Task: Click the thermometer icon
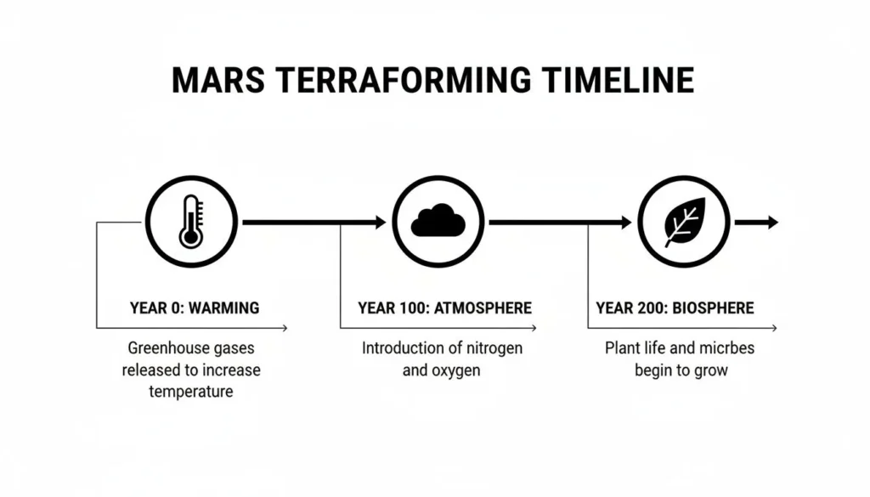click(191, 221)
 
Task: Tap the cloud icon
click(438, 222)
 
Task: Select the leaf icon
click(684, 222)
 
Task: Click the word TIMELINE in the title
click(608, 80)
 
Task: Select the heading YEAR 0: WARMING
click(195, 308)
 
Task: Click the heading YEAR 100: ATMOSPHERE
click(444, 308)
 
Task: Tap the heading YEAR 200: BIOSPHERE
click(675, 308)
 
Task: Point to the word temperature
click(191, 392)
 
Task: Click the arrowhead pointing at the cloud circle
click(379, 223)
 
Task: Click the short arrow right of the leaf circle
click(756, 223)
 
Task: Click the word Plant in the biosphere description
click(624, 348)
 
